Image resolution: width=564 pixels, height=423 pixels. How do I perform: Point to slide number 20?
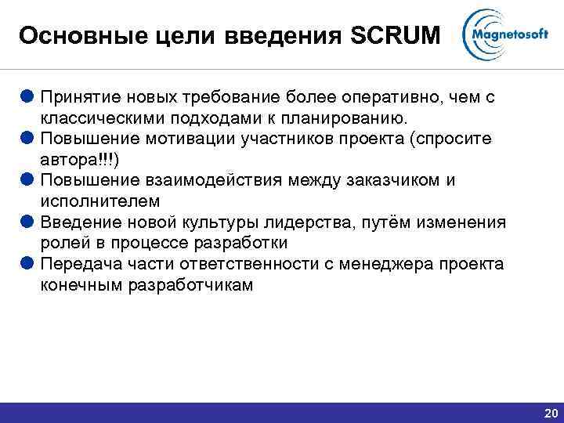tap(550, 413)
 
